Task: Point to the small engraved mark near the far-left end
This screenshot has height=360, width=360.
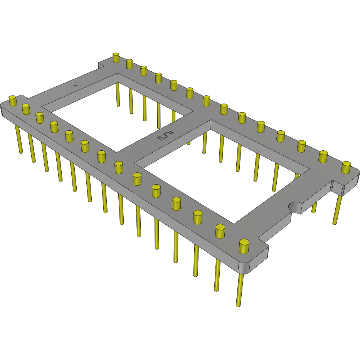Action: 76,86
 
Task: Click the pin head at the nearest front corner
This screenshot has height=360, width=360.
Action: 244,246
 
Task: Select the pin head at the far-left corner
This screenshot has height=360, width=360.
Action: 13,101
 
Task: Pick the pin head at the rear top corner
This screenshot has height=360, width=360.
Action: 116,57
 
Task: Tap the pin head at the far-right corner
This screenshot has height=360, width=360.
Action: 346,167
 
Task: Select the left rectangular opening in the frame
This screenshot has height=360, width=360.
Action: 116,112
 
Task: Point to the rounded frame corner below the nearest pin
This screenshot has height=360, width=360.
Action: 247,267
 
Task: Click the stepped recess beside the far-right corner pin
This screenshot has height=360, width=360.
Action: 337,187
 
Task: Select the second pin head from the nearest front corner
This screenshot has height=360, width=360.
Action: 220,231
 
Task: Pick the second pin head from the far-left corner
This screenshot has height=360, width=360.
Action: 26,109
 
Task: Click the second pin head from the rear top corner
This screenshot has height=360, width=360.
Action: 130,64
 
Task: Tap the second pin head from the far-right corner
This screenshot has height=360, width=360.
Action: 323,156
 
